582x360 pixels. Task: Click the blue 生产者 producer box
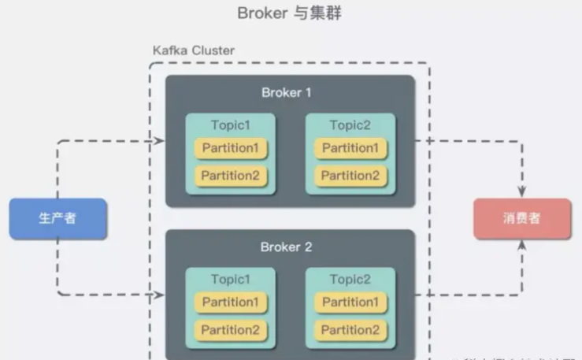57,219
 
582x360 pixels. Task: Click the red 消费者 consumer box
521,219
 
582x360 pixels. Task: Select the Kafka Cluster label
193,50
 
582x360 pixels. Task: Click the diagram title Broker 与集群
290,13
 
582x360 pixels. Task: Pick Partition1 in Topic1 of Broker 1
230,148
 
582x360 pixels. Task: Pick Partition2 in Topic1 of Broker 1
230,176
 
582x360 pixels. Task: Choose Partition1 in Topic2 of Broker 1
350,148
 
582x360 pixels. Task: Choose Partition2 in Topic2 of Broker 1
350,176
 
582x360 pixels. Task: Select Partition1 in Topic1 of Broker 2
230,302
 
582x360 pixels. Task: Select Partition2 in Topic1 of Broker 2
230,330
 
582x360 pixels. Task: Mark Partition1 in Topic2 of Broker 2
350,302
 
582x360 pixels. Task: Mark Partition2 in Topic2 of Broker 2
350,330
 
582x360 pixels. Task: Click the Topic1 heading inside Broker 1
230,125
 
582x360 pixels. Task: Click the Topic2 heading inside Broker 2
350,280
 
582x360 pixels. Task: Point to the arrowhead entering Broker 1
160,141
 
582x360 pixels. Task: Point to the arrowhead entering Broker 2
160,295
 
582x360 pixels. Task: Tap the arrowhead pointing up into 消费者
521,245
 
